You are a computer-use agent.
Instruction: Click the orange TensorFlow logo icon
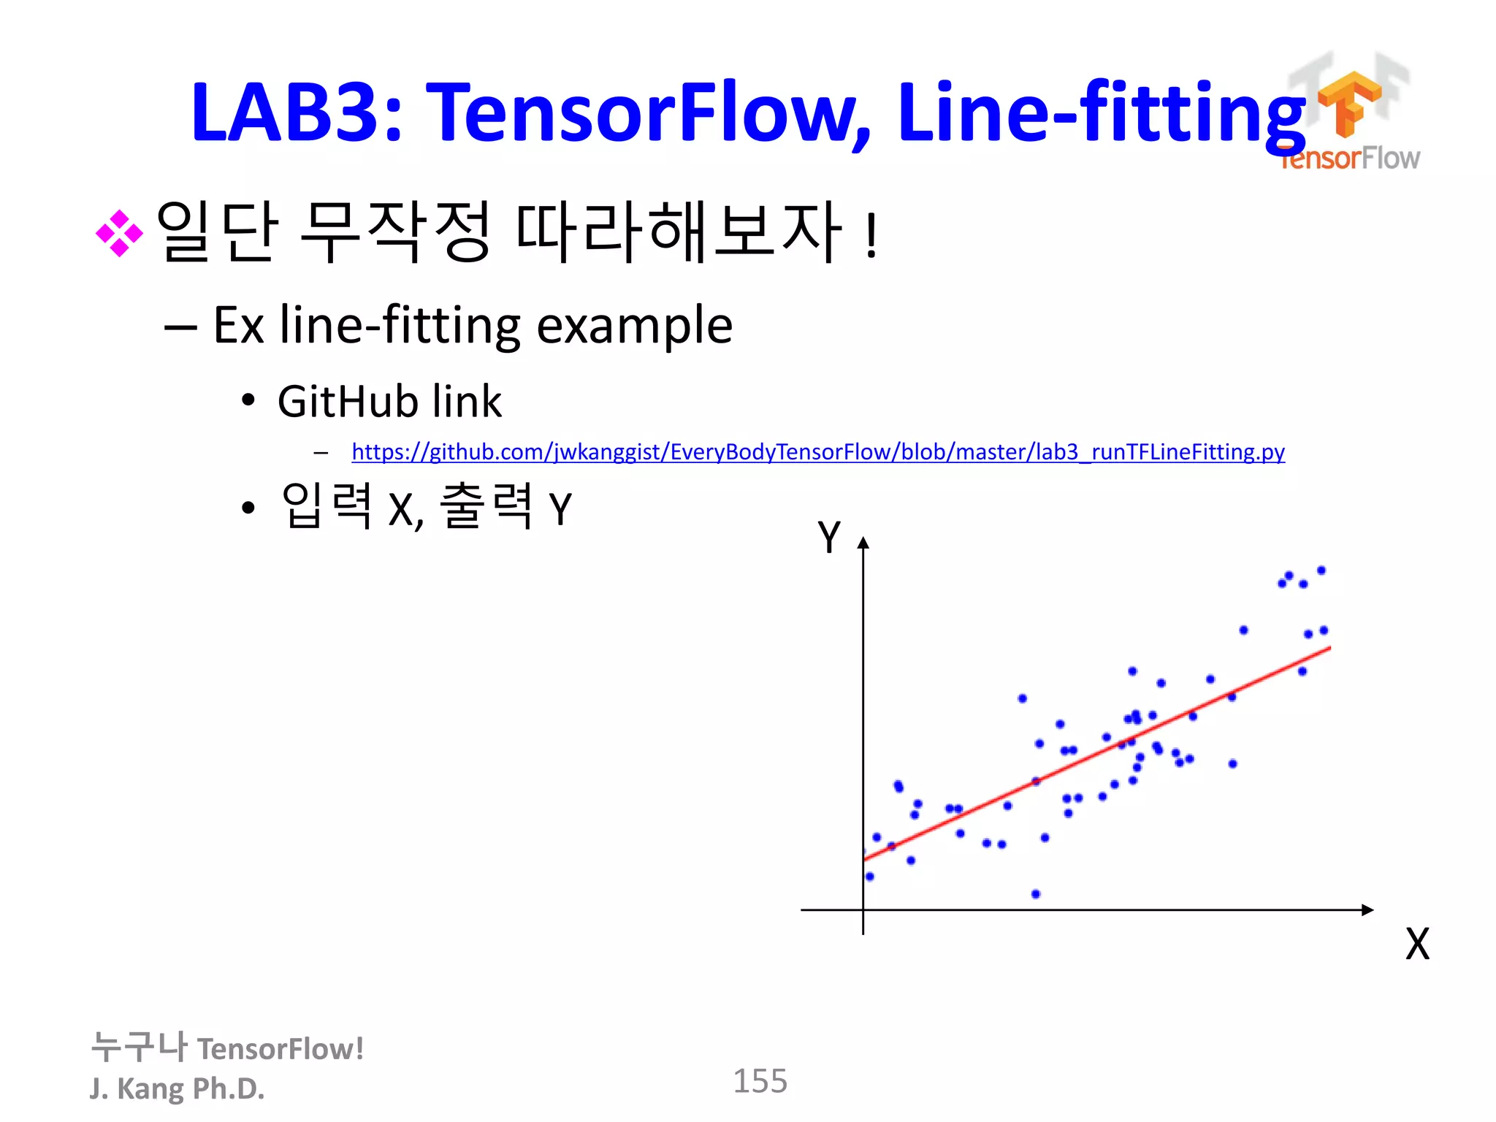[1348, 102]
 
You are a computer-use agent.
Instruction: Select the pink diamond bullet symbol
[119, 234]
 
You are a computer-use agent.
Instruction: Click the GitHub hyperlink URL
[818, 452]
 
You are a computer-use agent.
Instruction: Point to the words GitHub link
[389, 402]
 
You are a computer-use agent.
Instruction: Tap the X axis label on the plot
[1417, 944]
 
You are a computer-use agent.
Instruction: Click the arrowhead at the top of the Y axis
[863, 543]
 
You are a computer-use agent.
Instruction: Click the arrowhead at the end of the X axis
[1367, 910]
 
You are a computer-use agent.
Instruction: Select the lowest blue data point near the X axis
[1036, 894]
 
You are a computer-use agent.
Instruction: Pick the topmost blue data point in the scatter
[1321, 570]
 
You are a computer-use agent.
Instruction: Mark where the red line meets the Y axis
[865, 860]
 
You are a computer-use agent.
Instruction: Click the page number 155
[760, 1081]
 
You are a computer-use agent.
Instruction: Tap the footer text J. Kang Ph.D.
[177, 1088]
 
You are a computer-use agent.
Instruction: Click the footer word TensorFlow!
[280, 1049]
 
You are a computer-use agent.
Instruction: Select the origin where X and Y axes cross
[863, 910]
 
